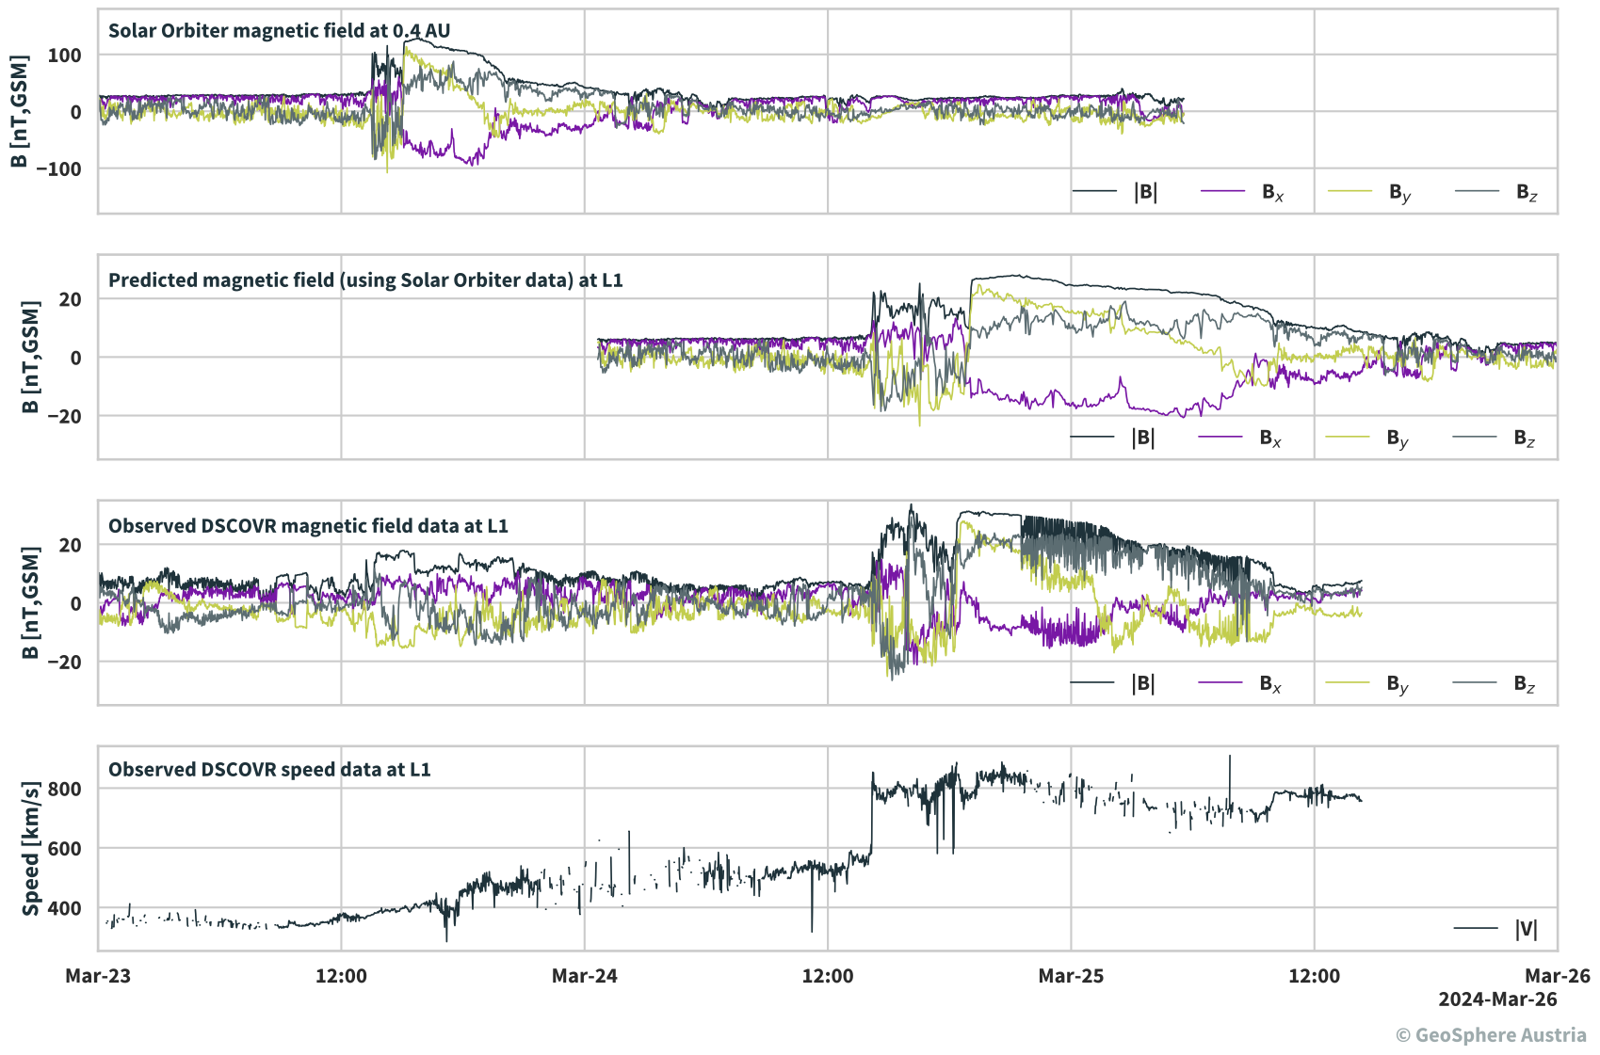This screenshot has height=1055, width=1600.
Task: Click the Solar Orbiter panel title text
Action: click(x=279, y=30)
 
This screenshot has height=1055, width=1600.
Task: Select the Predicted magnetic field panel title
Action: click(x=365, y=280)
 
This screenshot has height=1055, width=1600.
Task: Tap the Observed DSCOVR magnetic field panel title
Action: click(x=308, y=525)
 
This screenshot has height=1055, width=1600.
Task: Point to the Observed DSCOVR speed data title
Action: click(x=269, y=769)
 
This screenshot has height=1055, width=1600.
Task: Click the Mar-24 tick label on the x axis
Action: click(x=584, y=976)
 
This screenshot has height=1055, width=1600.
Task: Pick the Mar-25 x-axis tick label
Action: click(x=1071, y=976)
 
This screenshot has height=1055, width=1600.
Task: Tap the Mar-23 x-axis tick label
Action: click(x=98, y=976)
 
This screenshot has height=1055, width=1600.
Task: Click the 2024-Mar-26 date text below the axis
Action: click(x=1497, y=999)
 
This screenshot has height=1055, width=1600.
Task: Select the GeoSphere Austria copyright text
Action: click(x=1491, y=1035)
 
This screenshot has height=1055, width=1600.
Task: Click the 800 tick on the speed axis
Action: click(x=65, y=789)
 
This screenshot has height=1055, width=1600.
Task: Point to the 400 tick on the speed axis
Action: click(x=65, y=908)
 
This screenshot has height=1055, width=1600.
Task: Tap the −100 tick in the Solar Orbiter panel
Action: click(x=58, y=169)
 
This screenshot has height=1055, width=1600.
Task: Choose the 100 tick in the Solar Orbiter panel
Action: click(x=65, y=56)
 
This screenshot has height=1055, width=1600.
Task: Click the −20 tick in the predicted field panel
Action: click(x=58, y=416)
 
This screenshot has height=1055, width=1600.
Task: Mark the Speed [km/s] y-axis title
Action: click(x=31, y=848)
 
